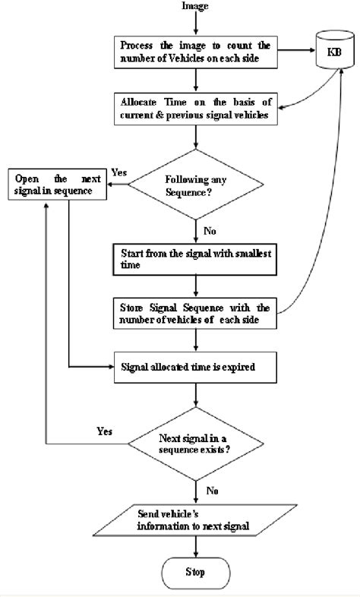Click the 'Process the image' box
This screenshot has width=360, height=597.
(197, 51)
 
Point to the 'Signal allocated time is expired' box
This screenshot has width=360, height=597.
(197, 367)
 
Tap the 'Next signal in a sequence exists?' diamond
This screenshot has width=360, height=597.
(197, 444)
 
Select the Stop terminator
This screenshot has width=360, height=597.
(197, 572)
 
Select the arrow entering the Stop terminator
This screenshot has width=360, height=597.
(197, 546)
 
